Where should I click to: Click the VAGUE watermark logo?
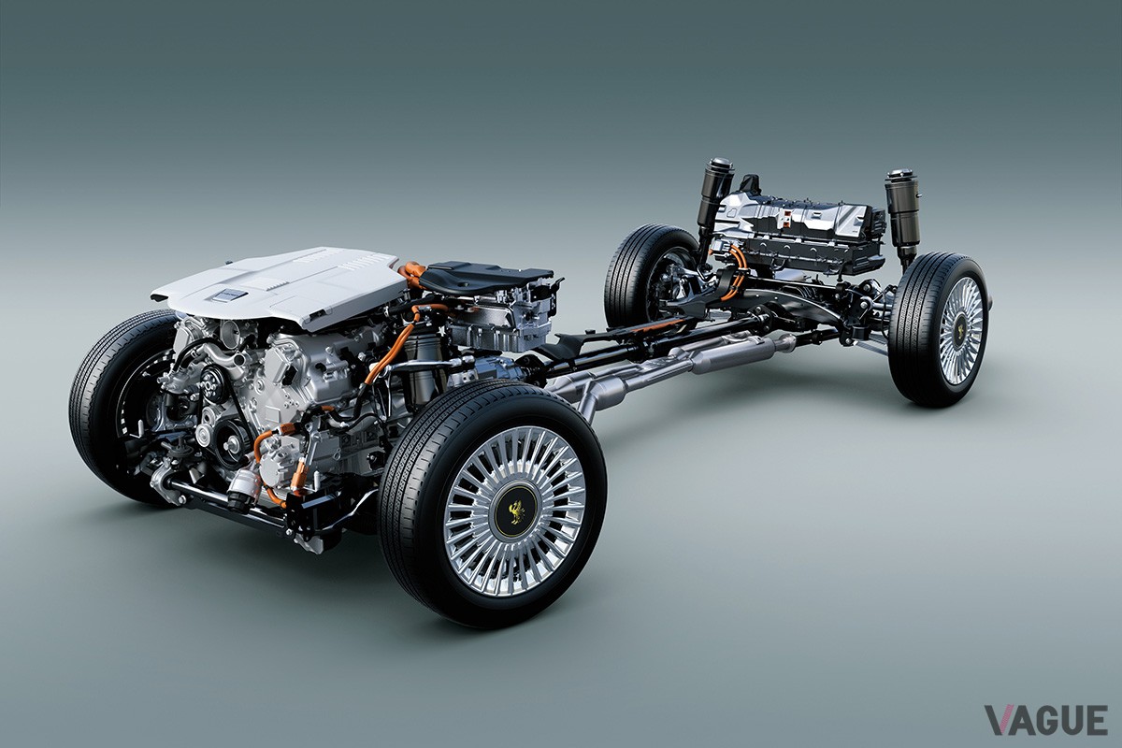pos(1046,720)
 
